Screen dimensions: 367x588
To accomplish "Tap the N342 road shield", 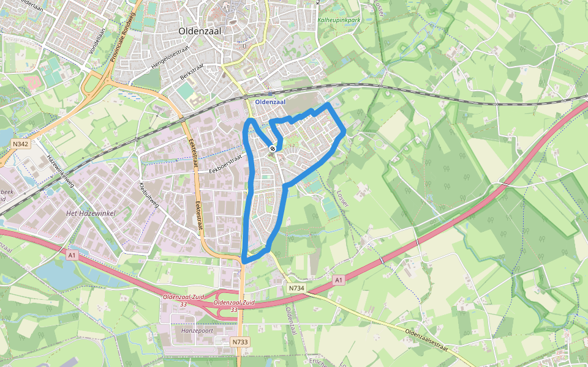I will (20, 144).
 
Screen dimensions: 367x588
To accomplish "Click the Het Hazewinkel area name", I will (86, 213).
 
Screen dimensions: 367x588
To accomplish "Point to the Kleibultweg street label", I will (149, 194).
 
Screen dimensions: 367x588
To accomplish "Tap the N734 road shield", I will (295, 287).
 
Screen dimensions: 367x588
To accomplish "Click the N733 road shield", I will (240, 342).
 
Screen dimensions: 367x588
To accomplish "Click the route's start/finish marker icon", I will (273, 147).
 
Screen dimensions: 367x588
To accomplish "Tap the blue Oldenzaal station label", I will (270, 102).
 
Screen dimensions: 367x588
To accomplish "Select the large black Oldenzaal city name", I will (201, 30).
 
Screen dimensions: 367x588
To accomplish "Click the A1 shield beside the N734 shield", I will (337, 280).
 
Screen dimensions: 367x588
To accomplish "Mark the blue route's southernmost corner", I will (244, 262).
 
